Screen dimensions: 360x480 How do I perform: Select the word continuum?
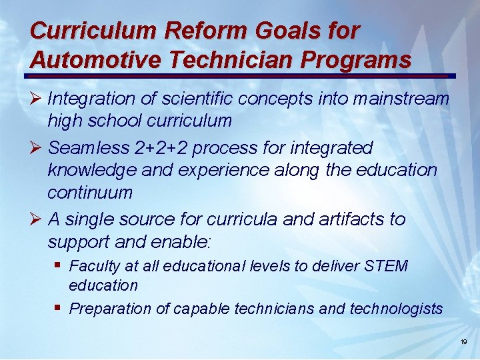pyautogui.click(x=90, y=193)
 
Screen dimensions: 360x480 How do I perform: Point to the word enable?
pyautogui.click(x=184, y=241)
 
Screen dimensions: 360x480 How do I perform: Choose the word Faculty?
pyautogui.click(x=94, y=267)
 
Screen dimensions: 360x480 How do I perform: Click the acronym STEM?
pyautogui.click(x=386, y=266)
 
